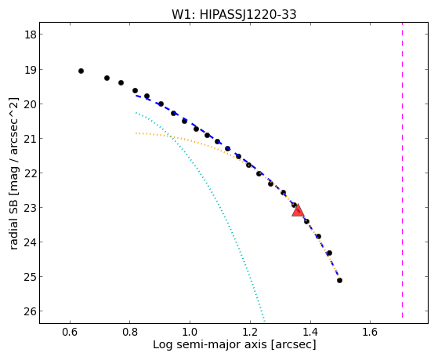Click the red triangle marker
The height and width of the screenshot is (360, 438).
click(x=298, y=210)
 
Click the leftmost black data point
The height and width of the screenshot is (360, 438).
click(x=81, y=71)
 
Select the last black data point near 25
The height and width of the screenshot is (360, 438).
click(x=340, y=280)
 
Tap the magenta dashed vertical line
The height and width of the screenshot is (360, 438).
click(x=402, y=170)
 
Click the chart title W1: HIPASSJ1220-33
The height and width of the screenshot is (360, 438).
click(x=233, y=15)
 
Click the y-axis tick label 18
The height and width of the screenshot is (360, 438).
click(x=30, y=35)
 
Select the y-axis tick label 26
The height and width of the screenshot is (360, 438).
click(x=30, y=311)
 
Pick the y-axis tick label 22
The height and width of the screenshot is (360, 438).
click(x=30, y=173)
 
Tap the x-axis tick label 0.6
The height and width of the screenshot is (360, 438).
click(x=70, y=332)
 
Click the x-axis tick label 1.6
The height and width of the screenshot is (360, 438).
click(x=370, y=332)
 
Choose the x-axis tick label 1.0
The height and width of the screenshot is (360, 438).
click(x=190, y=332)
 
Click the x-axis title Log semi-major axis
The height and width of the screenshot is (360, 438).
click(x=210, y=344)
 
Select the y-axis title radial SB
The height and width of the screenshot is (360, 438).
click(x=14, y=222)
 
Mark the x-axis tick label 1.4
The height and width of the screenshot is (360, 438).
click(x=310, y=332)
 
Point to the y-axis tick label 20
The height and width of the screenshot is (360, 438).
click(x=30, y=104)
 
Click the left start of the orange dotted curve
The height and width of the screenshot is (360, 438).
click(x=136, y=133)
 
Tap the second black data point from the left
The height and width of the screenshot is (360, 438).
click(x=107, y=78)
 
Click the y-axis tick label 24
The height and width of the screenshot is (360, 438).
click(x=30, y=242)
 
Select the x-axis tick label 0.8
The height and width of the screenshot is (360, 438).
click(x=130, y=332)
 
